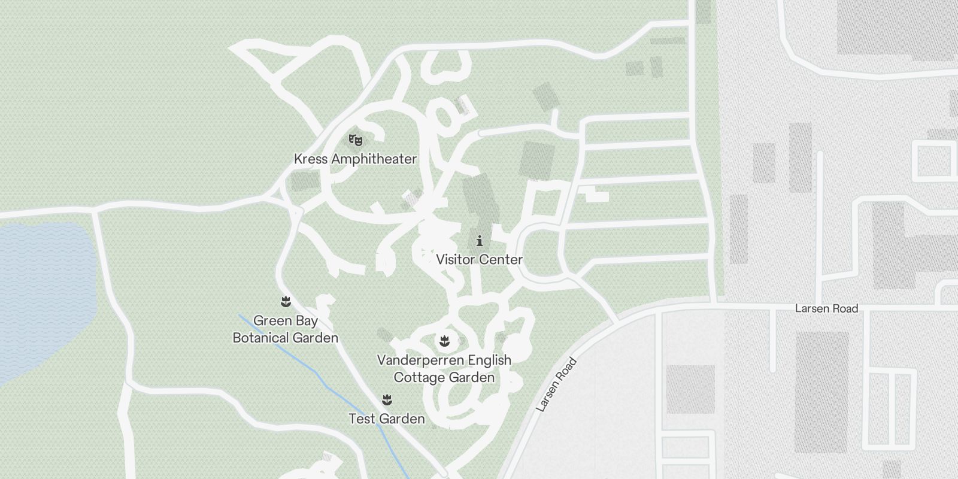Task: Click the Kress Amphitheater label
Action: coord(355,159)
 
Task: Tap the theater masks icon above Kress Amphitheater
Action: coord(356,141)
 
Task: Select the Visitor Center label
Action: coord(479,260)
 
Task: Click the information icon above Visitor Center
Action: coord(480,241)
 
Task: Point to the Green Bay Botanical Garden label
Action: coord(286,329)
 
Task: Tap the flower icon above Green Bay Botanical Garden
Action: coord(286,301)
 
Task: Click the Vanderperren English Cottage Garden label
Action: coord(444,369)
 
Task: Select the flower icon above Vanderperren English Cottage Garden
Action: coord(444,341)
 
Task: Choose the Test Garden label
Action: coord(387,419)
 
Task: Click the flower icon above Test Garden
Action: coord(387,399)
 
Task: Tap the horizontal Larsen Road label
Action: coord(826,309)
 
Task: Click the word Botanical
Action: coord(260,338)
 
